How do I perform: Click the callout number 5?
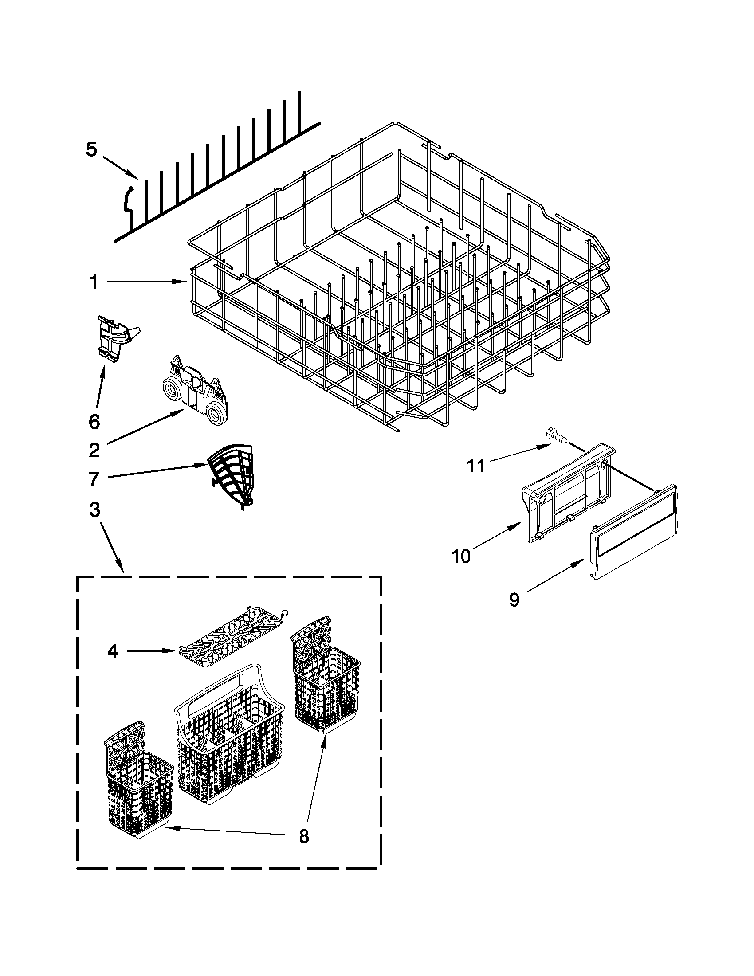coord(91,150)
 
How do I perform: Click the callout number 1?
coord(94,282)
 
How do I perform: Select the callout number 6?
coord(94,422)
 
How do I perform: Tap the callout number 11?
coord(475,466)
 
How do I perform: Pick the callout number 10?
coord(461,557)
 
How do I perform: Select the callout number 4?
coord(113,651)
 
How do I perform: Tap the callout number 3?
coord(94,510)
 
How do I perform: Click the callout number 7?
coord(94,479)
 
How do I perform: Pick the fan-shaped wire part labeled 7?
coord(232,474)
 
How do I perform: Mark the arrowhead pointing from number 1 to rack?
coord(183,282)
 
